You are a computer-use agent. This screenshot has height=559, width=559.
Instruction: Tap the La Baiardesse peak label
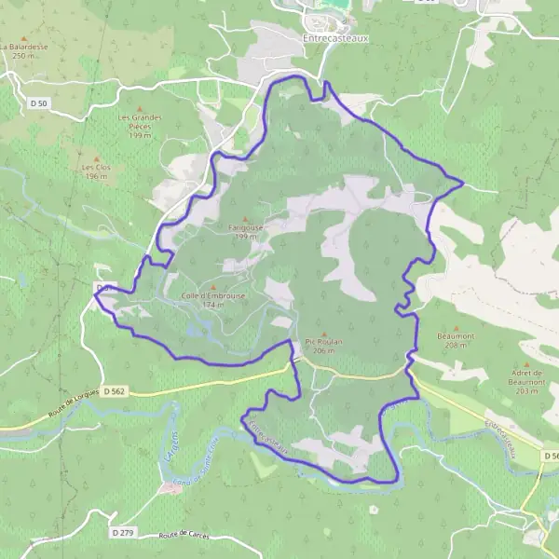click(x=24, y=49)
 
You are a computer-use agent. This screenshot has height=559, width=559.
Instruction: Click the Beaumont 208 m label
click(x=456, y=339)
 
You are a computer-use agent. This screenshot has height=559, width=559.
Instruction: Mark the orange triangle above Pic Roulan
click(x=324, y=334)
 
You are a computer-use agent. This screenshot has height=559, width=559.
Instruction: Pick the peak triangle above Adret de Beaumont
click(x=526, y=364)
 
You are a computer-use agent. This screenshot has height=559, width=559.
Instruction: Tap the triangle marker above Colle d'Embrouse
click(x=213, y=287)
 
